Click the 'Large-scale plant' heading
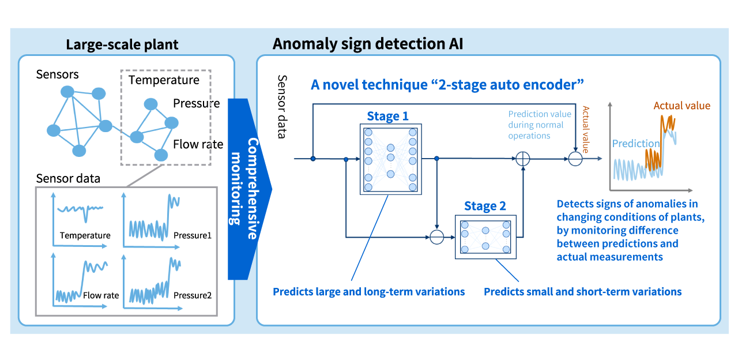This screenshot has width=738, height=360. pyautogui.click(x=122, y=44)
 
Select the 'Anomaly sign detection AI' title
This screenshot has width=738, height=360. pyautogui.click(x=368, y=44)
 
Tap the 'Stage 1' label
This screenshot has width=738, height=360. pyautogui.click(x=387, y=116)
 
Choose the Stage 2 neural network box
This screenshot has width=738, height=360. pyautogui.click(x=485, y=236)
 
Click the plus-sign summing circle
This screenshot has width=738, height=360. pyautogui.click(x=522, y=159)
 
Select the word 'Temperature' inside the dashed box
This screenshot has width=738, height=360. pyautogui.click(x=164, y=80)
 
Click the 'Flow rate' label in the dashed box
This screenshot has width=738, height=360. pyautogui.click(x=198, y=144)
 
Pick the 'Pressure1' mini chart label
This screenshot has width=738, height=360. pyautogui.click(x=192, y=235)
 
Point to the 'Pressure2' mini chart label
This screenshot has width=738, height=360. pyautogui.click(x=192, y=295)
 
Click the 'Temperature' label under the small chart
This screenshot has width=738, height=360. pyautogui.click(x=85, y=235)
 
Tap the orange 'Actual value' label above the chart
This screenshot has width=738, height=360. pyautogui.click(x=681, y=106)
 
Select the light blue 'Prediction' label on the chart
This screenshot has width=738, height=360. pyautogui.click(x=635, y=143)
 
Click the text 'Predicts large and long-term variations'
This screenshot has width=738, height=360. pyautogui.click(x=368, y=291)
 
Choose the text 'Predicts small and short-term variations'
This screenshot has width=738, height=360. pyautogui.click(x=582, y=291)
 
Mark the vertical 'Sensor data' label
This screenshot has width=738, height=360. pyautogui.click(x=283, y=107)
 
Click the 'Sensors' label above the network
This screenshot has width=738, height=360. pyautogui.click(x=57, y=74)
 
